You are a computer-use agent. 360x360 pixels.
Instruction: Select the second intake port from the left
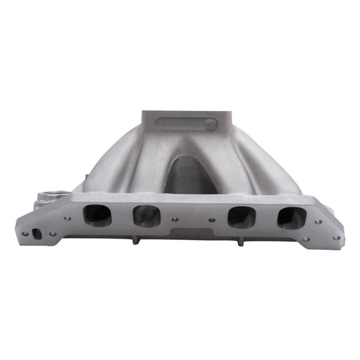(145, 216)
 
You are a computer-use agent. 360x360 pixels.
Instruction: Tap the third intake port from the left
(241, 217)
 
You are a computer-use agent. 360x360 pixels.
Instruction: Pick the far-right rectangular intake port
(291, 217)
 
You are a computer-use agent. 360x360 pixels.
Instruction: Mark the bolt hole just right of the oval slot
(52, 234)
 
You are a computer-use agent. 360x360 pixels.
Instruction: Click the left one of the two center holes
(175, 220)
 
